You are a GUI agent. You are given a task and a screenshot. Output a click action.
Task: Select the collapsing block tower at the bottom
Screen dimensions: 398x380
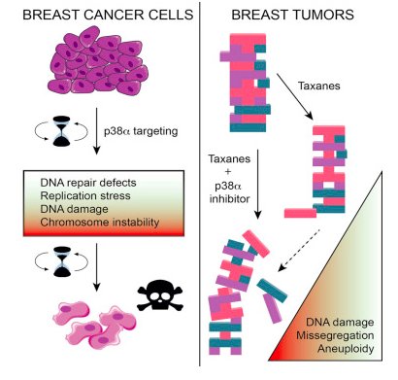pyautogui.click(x=243, y=296)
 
